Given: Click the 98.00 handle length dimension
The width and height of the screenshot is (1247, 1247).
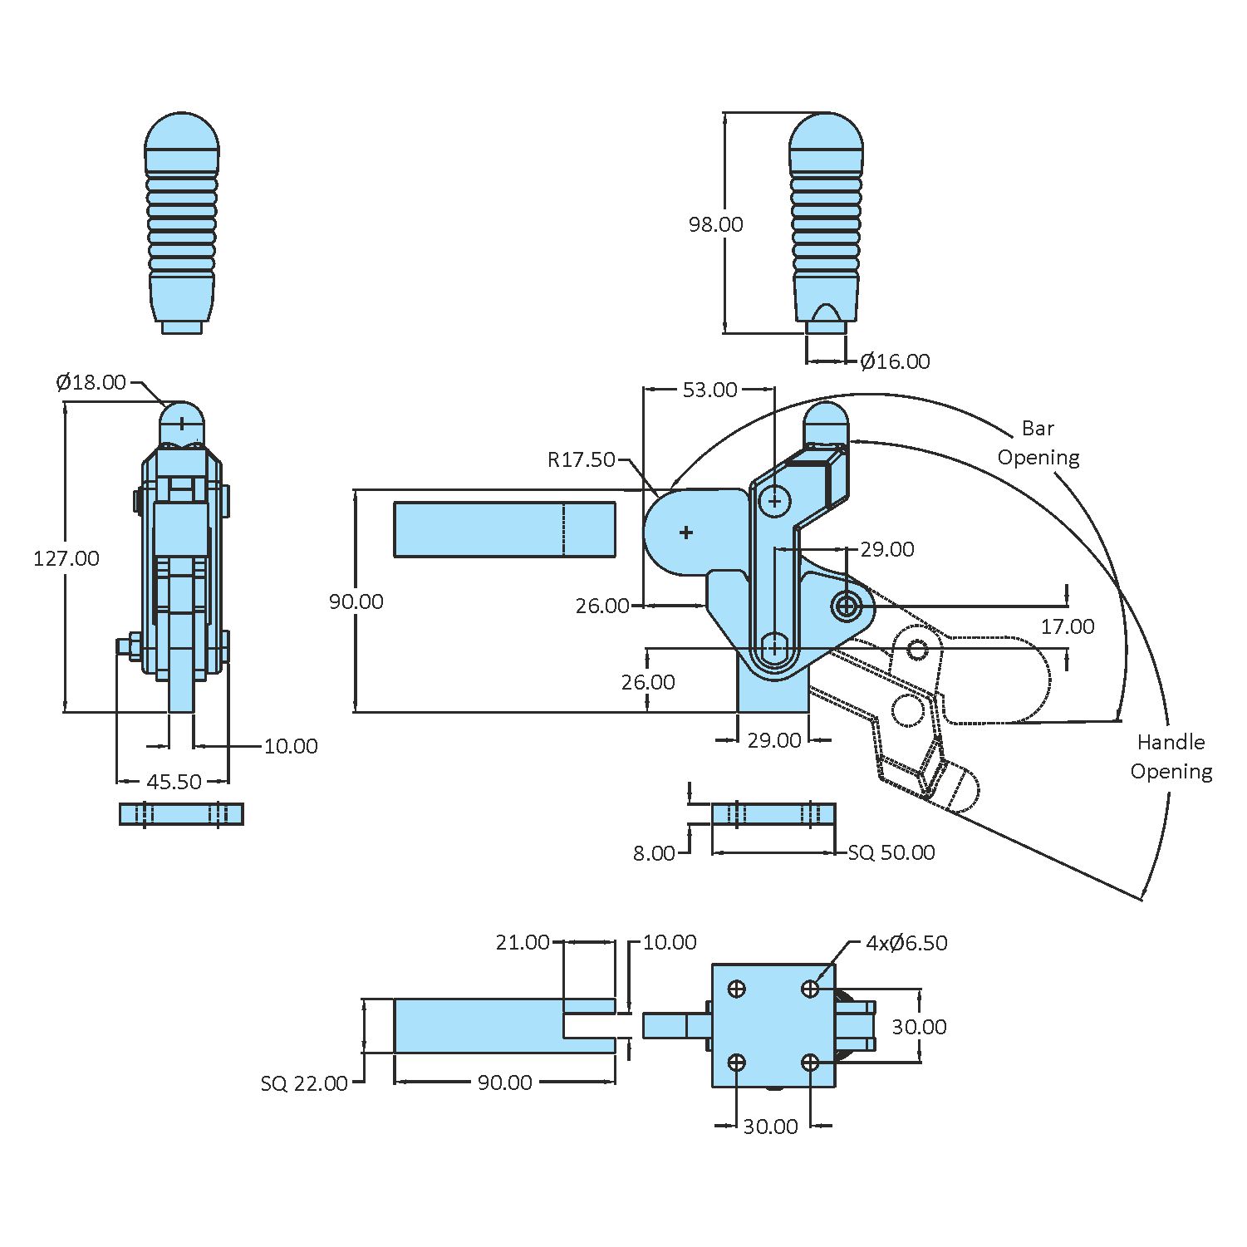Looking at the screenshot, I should click(715, 224).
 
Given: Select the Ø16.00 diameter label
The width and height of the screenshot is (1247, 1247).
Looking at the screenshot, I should click(895, 361).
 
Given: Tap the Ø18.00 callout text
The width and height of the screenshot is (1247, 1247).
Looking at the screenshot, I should click(91, 382).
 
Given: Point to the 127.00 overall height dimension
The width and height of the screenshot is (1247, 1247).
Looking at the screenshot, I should click(66, 558).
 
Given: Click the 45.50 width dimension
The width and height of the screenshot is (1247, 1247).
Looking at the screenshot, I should click(174, 782).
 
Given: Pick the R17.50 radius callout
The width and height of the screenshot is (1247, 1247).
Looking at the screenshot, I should click(581, 459).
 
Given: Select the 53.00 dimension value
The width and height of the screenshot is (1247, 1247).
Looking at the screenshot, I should click(709, 390).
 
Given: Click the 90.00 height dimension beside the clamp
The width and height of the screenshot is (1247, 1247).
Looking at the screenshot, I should click(356, 601).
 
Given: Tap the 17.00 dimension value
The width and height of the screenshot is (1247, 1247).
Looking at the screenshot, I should click(1068, 626).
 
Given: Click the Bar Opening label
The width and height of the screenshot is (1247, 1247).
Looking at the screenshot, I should click(1038, 443).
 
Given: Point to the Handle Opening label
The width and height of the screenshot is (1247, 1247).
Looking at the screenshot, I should click(1171, 757).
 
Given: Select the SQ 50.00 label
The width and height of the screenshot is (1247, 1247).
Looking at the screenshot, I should click(891, 852).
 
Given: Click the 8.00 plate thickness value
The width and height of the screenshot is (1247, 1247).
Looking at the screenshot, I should click(654, 853).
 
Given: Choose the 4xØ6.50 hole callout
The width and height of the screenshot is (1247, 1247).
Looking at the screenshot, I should click(906, 943).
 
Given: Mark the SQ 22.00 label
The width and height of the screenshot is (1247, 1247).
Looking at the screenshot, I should click(304, 1083).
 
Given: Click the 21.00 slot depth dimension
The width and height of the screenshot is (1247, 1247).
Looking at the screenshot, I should click(523, 942).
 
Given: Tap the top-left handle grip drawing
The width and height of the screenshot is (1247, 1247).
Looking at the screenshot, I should click(182, 223).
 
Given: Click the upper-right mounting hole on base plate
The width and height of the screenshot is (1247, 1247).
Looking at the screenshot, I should click(811, 989).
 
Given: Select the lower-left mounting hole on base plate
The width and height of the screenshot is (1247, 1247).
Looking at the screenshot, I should click(737, 1063).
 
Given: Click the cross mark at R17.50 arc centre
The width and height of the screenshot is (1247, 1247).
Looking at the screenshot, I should click(686, 532).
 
